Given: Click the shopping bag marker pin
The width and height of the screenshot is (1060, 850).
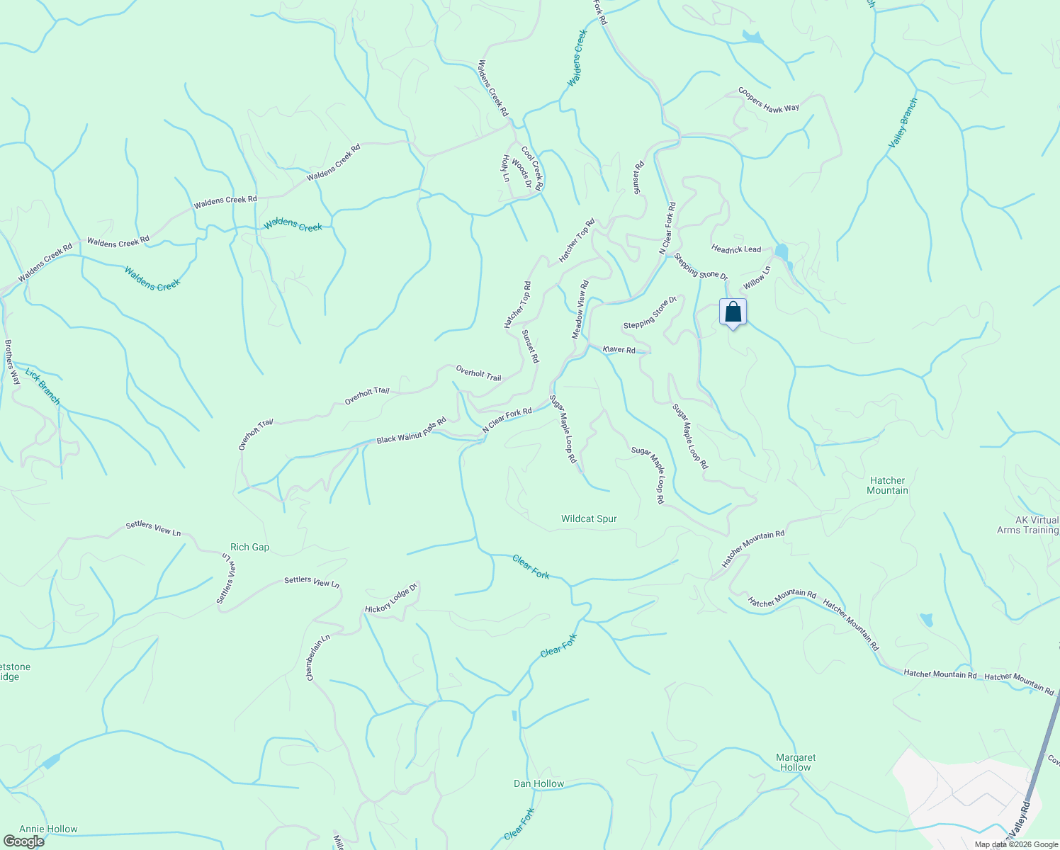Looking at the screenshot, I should coord(733,312).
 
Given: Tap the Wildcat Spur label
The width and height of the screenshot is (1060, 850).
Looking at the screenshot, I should coord(589,518).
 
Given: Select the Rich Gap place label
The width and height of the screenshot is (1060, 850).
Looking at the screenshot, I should coord(249,547).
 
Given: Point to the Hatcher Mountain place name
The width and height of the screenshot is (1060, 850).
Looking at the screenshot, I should coord(887,485).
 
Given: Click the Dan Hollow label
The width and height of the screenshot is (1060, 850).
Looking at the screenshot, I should coord(539,783).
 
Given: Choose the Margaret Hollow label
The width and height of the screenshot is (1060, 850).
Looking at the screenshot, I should coord(796,762).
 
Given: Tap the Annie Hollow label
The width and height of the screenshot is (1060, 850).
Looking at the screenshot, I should coord(48,829).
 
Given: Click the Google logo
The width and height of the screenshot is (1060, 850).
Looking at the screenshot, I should coord(23,841).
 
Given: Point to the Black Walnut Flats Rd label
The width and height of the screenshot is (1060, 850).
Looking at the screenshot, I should coord(411,431).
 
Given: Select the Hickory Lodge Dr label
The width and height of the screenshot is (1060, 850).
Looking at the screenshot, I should coord(392,599).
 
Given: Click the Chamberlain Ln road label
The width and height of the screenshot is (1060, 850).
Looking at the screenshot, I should coord(318,657).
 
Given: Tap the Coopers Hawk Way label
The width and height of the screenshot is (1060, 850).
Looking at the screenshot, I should coord(769,99).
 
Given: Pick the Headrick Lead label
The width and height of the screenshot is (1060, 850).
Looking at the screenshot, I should coord(736,249).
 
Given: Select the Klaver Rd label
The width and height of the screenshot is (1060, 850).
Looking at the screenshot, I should coord(619,349).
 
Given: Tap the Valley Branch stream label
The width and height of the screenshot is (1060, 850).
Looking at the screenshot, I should coord(903,123).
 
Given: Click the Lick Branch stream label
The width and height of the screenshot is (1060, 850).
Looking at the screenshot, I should coord(43,386).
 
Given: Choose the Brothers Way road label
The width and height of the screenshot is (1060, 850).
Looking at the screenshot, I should coord(12,363).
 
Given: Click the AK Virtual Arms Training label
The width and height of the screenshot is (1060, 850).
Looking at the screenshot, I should coord(1027,525).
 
